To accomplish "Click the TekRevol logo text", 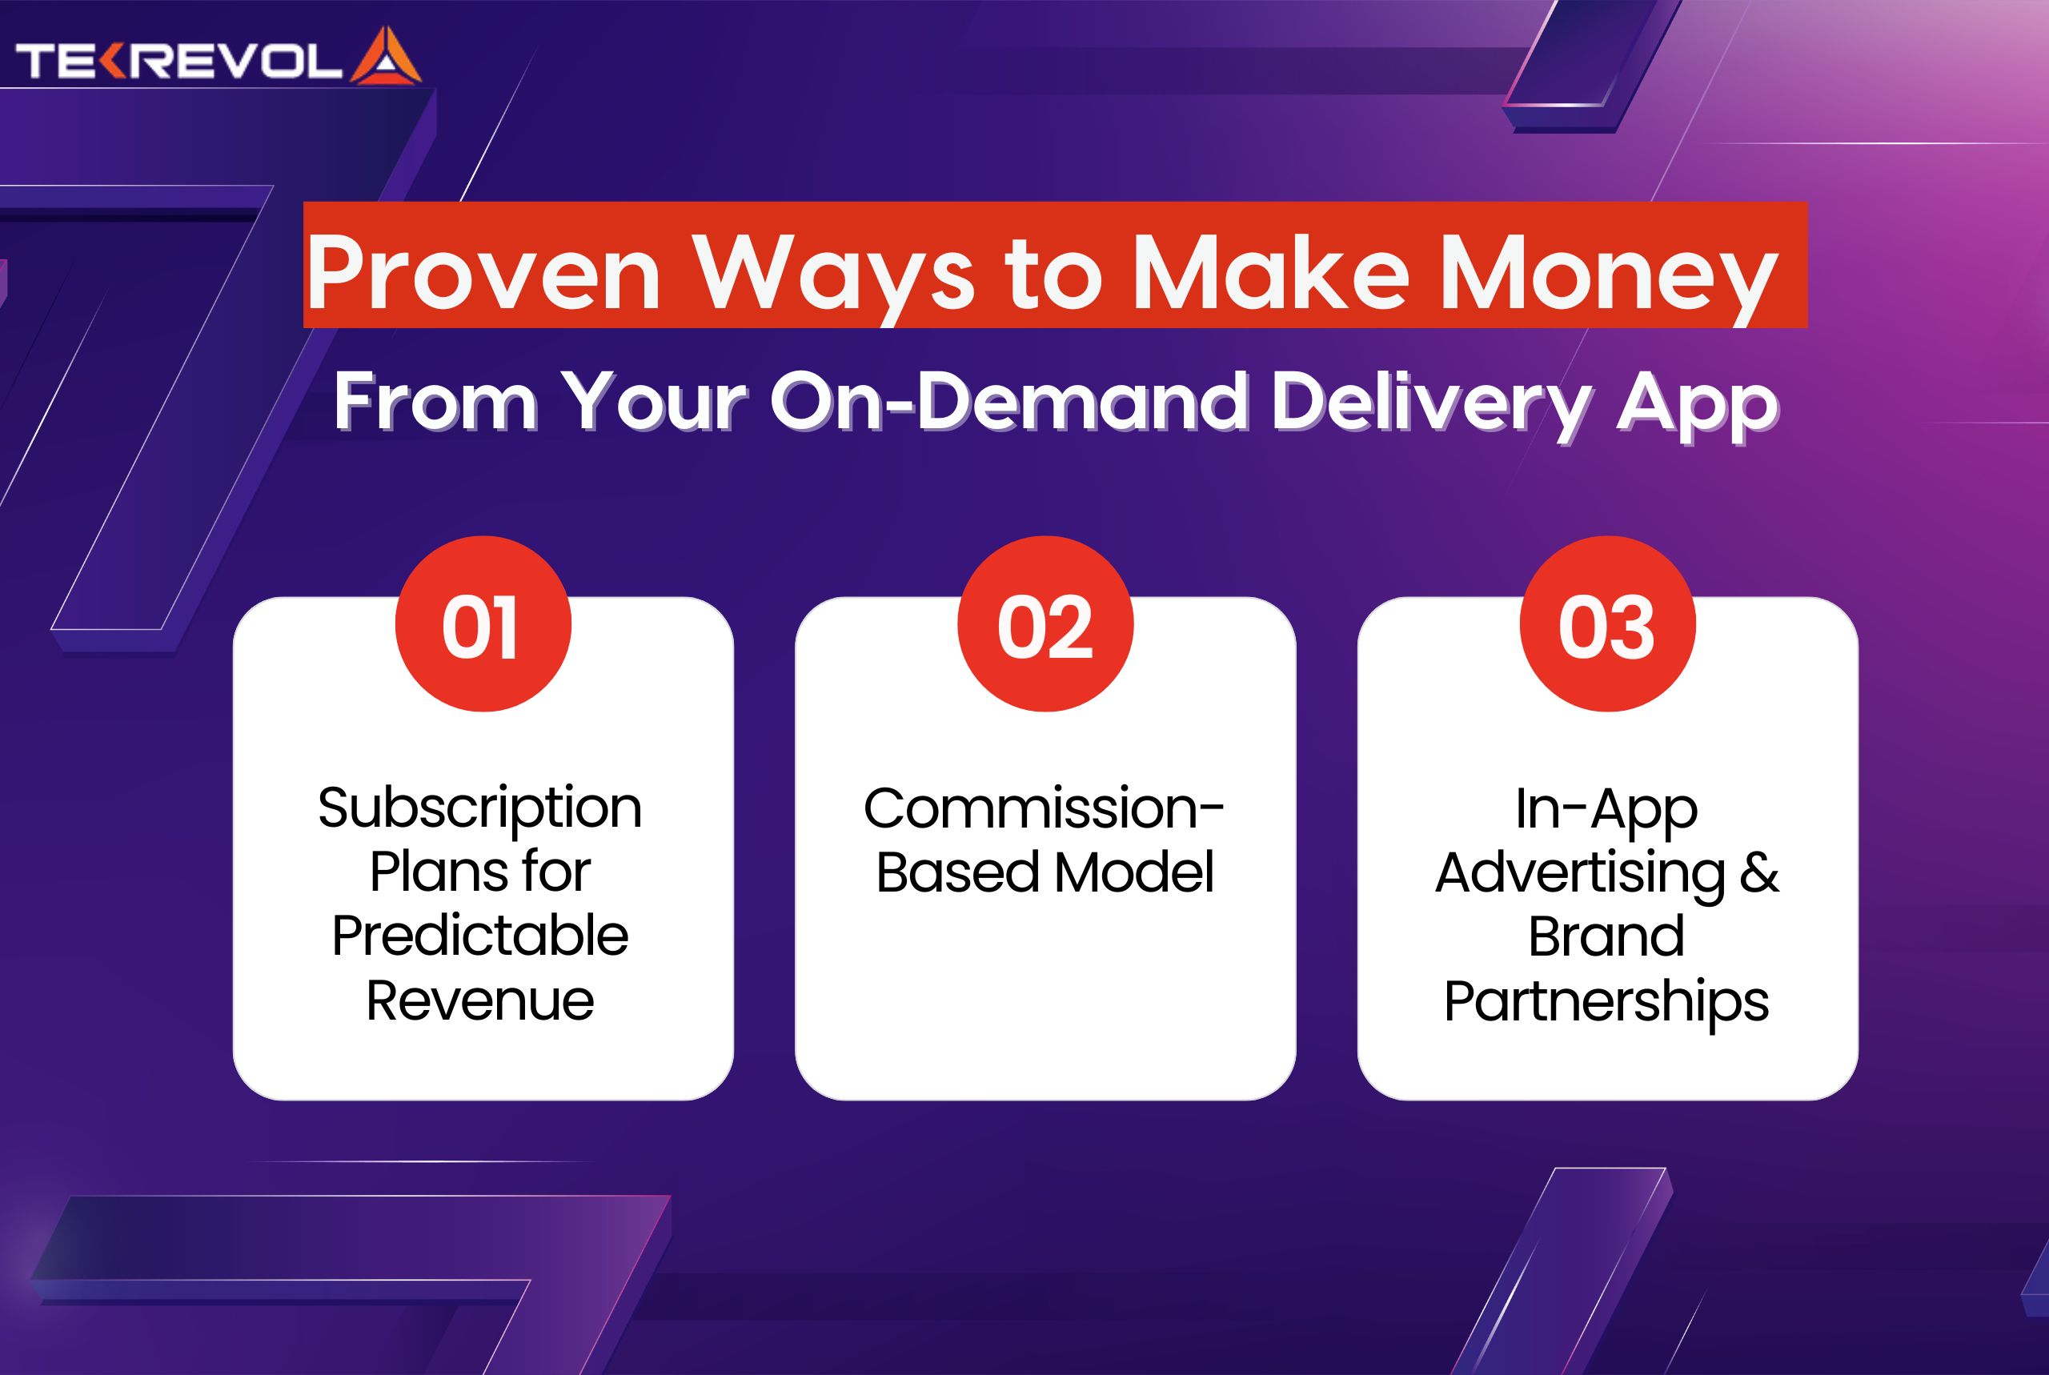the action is (178, 62).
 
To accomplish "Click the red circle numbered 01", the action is (483, 623).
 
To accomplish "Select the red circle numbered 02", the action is (1045, 623).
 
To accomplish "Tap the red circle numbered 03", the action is (1607, 623).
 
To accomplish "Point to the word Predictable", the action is (479, 935).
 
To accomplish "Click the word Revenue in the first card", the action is (479, 1000).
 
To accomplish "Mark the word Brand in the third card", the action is (1606, 936).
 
